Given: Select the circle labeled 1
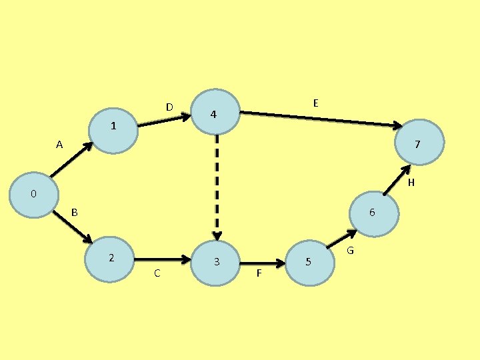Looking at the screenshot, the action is point(114,126).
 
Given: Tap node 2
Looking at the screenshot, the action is point(111,259).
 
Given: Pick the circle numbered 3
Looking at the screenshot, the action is point(216,262).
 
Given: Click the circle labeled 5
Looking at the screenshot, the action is point(309,262).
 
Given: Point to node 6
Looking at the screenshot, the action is point(373,213).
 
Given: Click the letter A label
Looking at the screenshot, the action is point(59,144).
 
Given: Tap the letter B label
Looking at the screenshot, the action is point(75,213).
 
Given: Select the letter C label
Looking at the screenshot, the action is point(157,273).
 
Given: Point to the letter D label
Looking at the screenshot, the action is point(169,107).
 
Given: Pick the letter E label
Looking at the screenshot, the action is point(315,103).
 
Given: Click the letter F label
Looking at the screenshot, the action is point(259,274).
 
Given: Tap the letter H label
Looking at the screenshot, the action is point(411,182).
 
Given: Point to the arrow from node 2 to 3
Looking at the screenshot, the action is point(163,259).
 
